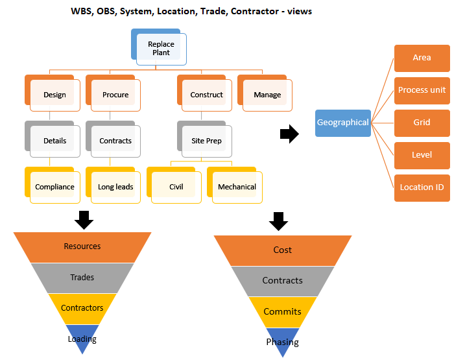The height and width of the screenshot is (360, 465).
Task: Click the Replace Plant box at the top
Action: click(161, 49)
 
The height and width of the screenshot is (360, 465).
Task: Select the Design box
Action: click(54, 95)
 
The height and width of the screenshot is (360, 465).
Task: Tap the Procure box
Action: click(115, 95)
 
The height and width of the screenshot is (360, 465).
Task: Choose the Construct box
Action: click(207, 95)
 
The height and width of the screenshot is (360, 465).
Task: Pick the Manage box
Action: click(267, 95)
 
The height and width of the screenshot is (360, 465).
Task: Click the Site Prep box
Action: click(207, 141)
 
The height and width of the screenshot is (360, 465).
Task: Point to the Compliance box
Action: click(54, 187)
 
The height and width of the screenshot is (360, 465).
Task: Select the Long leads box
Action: click(115, 187)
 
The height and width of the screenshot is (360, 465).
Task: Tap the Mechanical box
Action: click(237, 187)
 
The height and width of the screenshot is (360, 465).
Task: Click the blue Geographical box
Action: click(342, 123)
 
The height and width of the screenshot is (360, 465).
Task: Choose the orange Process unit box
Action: click(422, 90)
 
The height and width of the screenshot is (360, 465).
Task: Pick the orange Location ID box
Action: click(422, 187)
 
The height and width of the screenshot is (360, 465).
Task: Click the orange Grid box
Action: click(422, 123)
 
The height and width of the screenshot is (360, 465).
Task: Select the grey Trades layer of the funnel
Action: click(82, 278)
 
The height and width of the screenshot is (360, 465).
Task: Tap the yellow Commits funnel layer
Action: click(282, 311)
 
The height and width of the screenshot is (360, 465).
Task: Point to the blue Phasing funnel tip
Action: click(282, 342)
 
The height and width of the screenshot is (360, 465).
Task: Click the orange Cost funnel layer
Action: click(282, 250)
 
